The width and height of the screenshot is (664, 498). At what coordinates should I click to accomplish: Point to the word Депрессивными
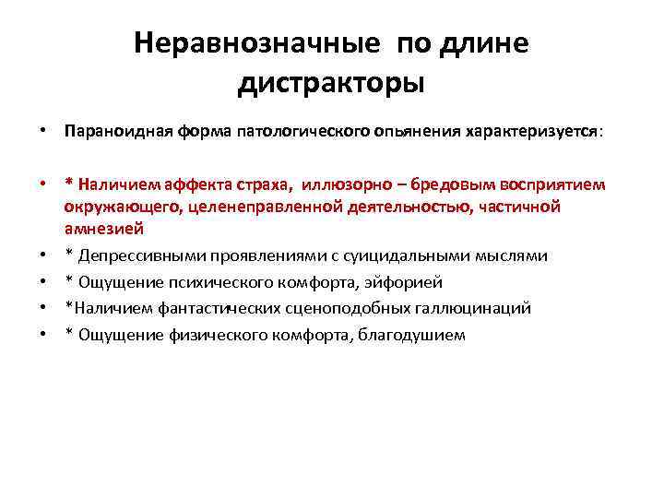coord(134,255)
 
